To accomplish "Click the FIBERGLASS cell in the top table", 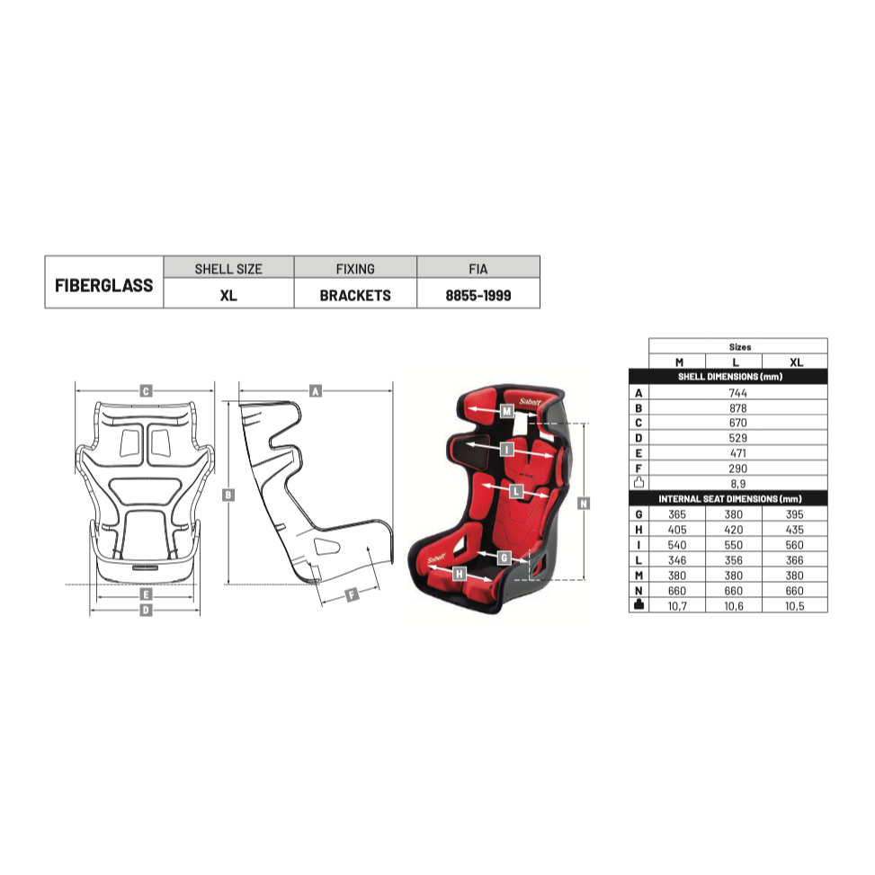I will pos(104,284).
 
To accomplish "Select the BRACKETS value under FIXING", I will pos(355,295).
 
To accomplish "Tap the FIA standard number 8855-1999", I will pos(478,295).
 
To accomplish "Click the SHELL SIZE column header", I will pos(228,268).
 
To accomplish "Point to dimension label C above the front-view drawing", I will pos(145,391).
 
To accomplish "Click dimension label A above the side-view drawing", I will pos(315,391).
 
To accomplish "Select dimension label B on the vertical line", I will pos(228,495).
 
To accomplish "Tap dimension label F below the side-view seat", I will pos(352,594).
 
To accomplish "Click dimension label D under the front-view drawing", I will pos(145,611).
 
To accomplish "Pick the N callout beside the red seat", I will pos(584,504).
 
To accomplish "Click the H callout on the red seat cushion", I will pos(460,573).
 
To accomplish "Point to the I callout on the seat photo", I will pos(507,448).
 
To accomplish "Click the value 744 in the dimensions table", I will pos(737,393).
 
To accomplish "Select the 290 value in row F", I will pos(737,468).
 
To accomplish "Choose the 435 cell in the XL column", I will pos(794,530).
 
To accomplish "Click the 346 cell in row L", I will pos(679,560).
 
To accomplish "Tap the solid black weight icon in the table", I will pos(638,605).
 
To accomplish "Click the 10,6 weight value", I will pos(737,606).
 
